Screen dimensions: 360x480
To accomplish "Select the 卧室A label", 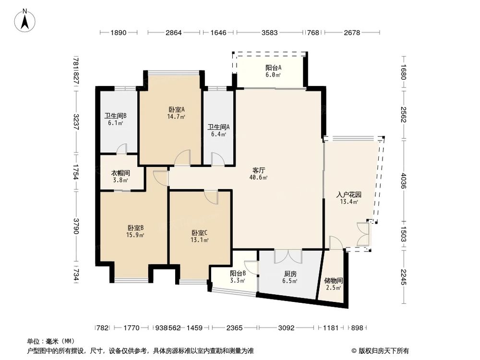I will tap(176, 109).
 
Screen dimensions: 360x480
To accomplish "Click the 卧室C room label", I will tap(200, 233).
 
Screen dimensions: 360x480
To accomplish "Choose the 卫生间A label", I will tap(218, 127).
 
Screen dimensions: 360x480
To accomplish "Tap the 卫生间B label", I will tap(115, 116).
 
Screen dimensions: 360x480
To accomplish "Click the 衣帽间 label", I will tap(121, 173).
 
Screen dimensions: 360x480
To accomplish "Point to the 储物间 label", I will tap(333, 280).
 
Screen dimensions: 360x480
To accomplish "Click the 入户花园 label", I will tap(348, 195).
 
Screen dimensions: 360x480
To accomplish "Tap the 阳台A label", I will tap(274, 68).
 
